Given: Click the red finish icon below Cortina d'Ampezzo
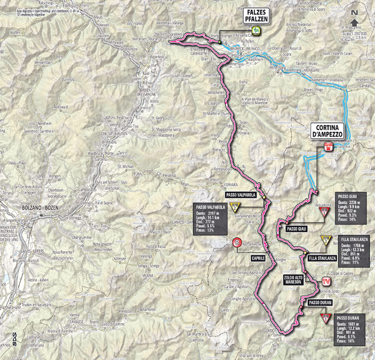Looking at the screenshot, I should click(x=327, y=146).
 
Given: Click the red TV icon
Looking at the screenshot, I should click(x=326, y=282).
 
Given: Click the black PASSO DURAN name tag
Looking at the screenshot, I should click(x=320, y=301).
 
